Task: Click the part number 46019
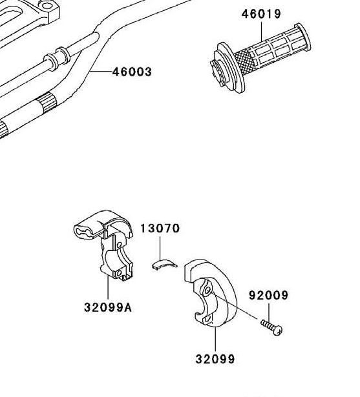[x=262, y=14]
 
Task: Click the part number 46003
[x=132, y=72]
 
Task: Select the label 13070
[x=160, y=229]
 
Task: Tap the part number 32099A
[x=107, y=307]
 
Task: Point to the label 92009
[x=268, y=296]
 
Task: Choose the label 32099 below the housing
[x=215, y=359]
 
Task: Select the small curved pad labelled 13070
[x=164, y=263]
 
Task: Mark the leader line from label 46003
[x=100, y=72]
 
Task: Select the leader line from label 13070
[x=160, y=247]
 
